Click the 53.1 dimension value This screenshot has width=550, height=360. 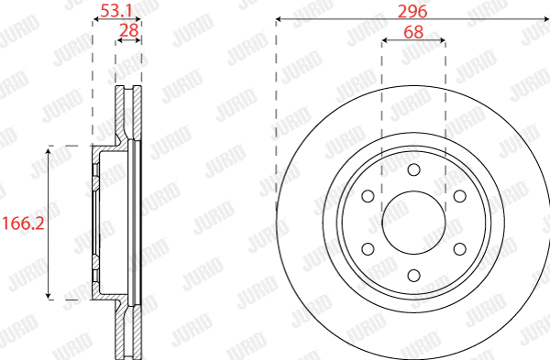(116, 10)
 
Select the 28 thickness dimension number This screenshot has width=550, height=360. (129, 30)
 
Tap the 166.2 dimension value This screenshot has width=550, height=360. (23, 224)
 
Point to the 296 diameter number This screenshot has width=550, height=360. (412, 12)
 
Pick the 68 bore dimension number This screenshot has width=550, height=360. (413, 32)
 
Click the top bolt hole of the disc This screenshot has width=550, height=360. (414, 169)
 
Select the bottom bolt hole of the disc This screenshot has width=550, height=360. (414, 276)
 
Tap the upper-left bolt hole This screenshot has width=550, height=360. (368, 196)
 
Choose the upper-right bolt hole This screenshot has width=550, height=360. (460, 196)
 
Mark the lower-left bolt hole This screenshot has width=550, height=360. (368, 249)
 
